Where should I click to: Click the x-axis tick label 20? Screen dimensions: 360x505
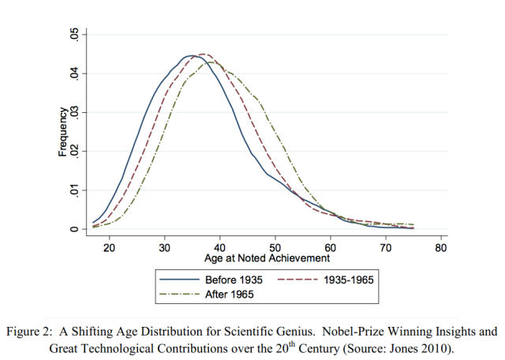[109, 247]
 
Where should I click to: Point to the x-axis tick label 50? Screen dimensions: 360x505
[275, 247]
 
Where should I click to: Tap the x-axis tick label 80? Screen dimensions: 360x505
[441, 247]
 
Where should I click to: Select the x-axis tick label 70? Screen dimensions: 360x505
[386, 247]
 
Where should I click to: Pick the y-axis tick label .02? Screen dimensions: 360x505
[73, 152]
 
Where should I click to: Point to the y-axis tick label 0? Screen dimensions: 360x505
[73, 229]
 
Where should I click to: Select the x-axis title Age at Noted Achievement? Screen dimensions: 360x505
[267, 258]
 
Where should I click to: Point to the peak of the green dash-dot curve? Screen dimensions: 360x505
[213, 62]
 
